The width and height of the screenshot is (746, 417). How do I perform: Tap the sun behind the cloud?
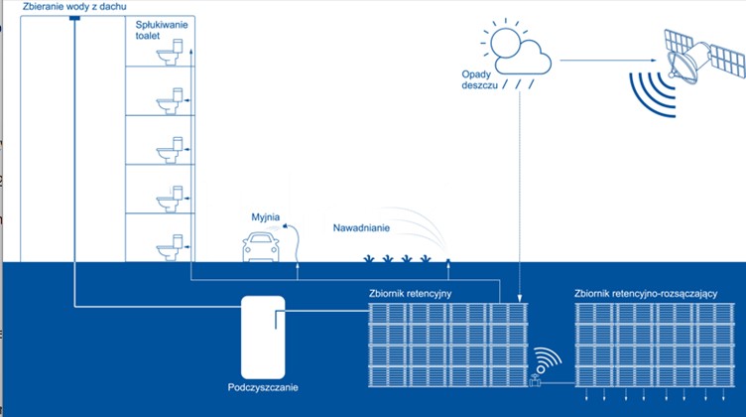tap(503, 43)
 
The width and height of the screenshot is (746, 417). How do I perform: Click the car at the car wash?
tap(265, 246)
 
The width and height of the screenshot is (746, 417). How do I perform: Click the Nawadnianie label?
tap(361, 228)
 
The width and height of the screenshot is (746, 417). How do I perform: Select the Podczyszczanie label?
tap(262, 386)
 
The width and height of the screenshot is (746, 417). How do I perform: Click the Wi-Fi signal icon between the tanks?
tap(547, 358)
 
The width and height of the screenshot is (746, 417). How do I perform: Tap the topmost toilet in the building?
tap(175, 49)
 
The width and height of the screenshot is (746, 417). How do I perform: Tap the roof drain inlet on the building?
tap(74, 18)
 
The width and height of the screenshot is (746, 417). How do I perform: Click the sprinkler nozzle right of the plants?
tap(447, 262)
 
